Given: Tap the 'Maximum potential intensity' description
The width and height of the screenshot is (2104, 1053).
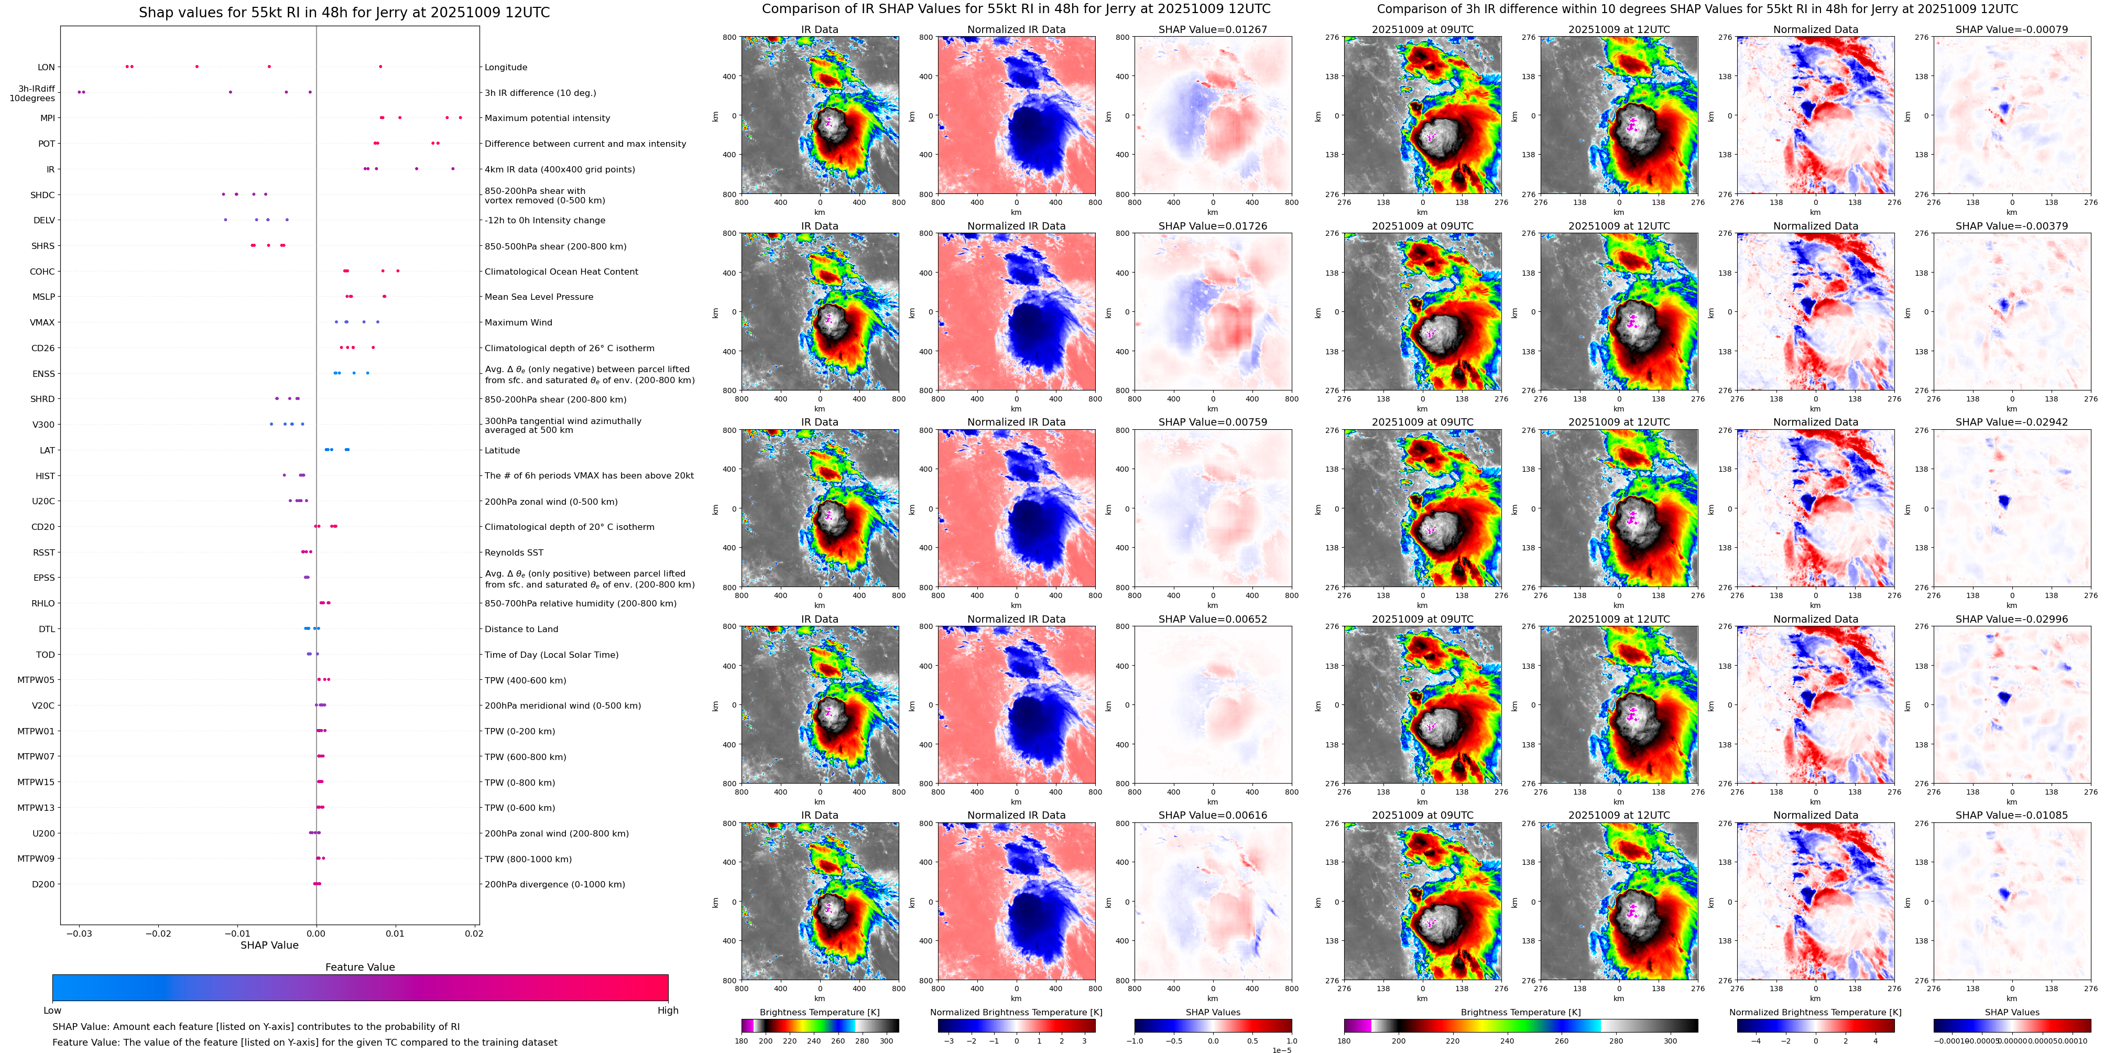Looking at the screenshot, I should (547, 118).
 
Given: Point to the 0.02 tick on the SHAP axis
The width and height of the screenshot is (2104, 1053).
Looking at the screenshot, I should (474, 933).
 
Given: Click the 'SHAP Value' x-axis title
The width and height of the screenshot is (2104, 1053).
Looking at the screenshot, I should (269, 945).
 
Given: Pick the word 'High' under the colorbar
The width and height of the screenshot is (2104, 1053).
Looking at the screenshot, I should (668, 1011).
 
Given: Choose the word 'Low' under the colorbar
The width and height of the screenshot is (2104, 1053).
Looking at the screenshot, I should (52, 1011).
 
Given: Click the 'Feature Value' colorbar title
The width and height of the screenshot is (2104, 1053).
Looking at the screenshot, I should (359, 967).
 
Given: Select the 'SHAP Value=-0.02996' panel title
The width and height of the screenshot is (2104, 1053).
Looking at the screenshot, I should (2012, 619).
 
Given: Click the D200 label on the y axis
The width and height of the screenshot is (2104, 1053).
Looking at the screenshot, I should (43, 884).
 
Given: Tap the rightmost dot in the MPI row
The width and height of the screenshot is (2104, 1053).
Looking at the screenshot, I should (460, 117).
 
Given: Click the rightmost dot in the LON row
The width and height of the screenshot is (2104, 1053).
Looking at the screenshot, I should (380, 66).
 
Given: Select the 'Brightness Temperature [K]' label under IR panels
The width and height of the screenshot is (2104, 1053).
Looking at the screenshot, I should (819, 1012).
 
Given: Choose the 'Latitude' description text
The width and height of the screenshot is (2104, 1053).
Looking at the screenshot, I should (503, 450).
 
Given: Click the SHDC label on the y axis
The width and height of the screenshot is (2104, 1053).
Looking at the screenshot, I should (42, 195).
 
